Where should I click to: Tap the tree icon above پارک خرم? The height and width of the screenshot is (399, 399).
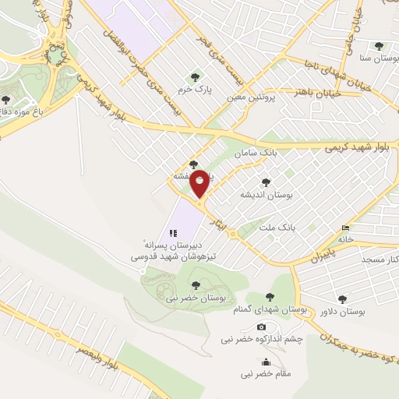point(195,76)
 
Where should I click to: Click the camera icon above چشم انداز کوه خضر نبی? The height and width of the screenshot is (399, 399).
point(261,327)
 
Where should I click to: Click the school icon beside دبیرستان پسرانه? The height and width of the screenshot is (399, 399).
point(173,232)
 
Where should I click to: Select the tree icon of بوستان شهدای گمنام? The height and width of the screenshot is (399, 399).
point(270,297)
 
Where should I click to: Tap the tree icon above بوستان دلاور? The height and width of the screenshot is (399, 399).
point(342,298)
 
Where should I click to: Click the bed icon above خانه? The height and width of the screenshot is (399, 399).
point(344,228)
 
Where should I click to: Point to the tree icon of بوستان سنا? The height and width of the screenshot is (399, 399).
point(379,46)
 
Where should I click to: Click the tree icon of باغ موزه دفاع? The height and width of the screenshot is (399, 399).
point(6,100)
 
